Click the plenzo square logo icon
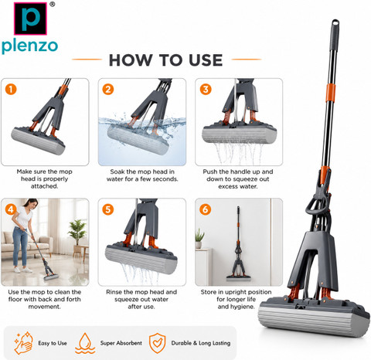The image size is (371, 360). (x=30, y=19)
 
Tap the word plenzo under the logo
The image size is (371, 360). (x=29, y=46)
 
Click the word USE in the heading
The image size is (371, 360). (x=206, y=60)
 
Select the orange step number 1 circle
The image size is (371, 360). (x=11, y=90)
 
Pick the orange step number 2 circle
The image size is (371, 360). (x=108, y=90)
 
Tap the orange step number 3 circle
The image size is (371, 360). (x=206, y=90)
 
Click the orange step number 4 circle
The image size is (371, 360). (x=11, y=209)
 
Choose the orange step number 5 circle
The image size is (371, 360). (x=108, y=209)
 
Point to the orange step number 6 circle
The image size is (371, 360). (x=206, y=209)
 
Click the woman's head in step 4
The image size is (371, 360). (x=31, y=203)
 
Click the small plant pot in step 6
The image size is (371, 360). (x=199, y=245)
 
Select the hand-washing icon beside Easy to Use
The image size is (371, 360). (x=23, y=343)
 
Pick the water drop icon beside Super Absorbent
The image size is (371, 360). (x=85, y=343)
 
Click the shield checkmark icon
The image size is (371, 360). (x=157, y=343)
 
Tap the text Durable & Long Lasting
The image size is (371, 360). (x=201, y=343)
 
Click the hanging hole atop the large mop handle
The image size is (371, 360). (x=335, y=23)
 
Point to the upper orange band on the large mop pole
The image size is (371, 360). (x=331, y=93)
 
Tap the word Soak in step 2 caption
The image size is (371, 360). (x=116, y=172)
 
